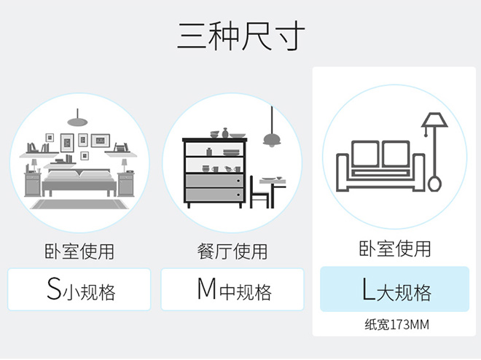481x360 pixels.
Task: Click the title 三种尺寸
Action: [240, 36]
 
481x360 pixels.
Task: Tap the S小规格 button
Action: [79, 289]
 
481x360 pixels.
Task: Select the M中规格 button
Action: [232, 289]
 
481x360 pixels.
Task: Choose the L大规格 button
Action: [394, 289]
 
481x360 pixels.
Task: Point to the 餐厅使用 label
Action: [232, 251]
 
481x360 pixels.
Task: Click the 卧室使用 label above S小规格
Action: [79, 251]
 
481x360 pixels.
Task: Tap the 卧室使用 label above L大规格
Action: [394, 249]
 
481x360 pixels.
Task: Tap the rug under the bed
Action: [79, 203]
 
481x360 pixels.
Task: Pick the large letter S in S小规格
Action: [53, 289]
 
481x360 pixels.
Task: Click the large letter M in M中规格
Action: [206, 289]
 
